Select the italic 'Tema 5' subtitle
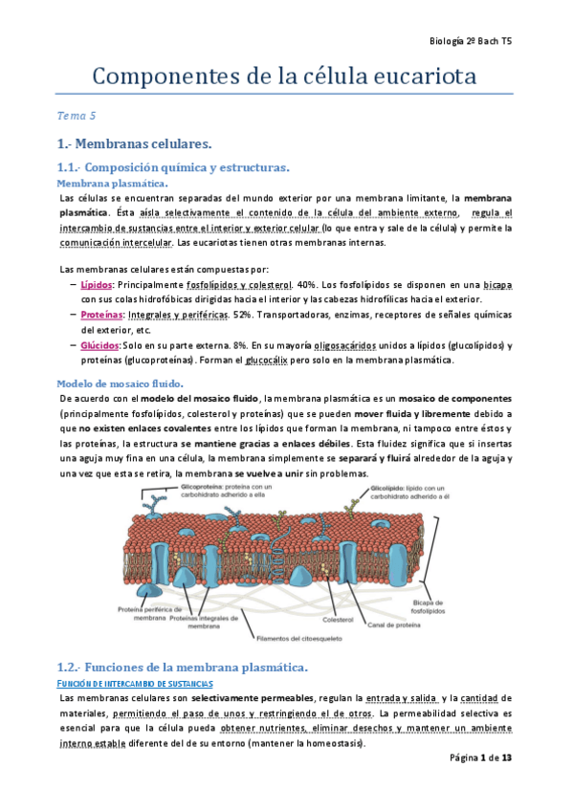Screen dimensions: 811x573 tap(77, 117)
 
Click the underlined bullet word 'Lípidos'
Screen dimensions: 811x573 tap(97, 285)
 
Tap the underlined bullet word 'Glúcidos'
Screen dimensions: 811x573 tap(99, 344)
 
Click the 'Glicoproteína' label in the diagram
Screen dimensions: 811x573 tap(200, 487)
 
